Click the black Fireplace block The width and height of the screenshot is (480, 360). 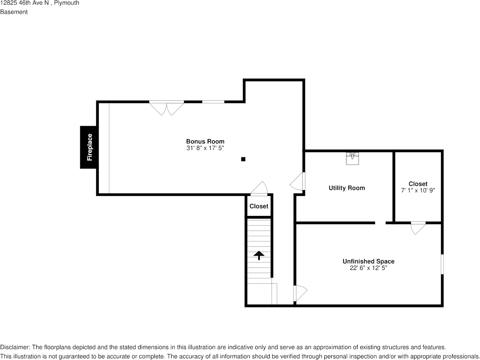pyautogui.click(x=89, y=147)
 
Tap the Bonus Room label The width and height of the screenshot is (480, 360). pyautogui.click(x=205, y=141)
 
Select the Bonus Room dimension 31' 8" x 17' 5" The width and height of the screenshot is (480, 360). pyautogui.click(x=205, y=148)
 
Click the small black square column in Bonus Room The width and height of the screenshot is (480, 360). pyautogui.click(x=243, y=159)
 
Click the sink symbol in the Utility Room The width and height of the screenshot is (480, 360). pyautogui.click(x=352, y=158)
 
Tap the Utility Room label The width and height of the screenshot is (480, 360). pyautogui.click(x=346, y=188)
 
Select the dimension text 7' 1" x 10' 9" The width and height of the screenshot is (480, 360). pyautogui.click(x=418, y=190)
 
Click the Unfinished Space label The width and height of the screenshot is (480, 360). pyautogui.click(x=368, y=261)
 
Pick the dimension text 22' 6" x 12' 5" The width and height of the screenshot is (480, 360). pyautogui.click(x=368, y=268)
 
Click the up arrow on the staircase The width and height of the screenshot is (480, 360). pyautogui.click(x=259, y=255)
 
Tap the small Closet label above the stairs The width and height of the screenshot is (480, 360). pyautogui.click(x=259, y=206)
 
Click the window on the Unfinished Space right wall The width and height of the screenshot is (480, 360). pyautogui.click(x=442, y=264)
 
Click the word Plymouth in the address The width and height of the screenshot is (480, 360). pyautogui.click(x=67, y=3)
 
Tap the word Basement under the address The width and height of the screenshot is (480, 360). pyautogui.click(x=14, y=12)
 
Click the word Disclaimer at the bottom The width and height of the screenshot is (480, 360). pyautogui.click(x=14, y=347)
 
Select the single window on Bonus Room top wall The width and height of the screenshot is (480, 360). pyautogui.click(x=213, y=102)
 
